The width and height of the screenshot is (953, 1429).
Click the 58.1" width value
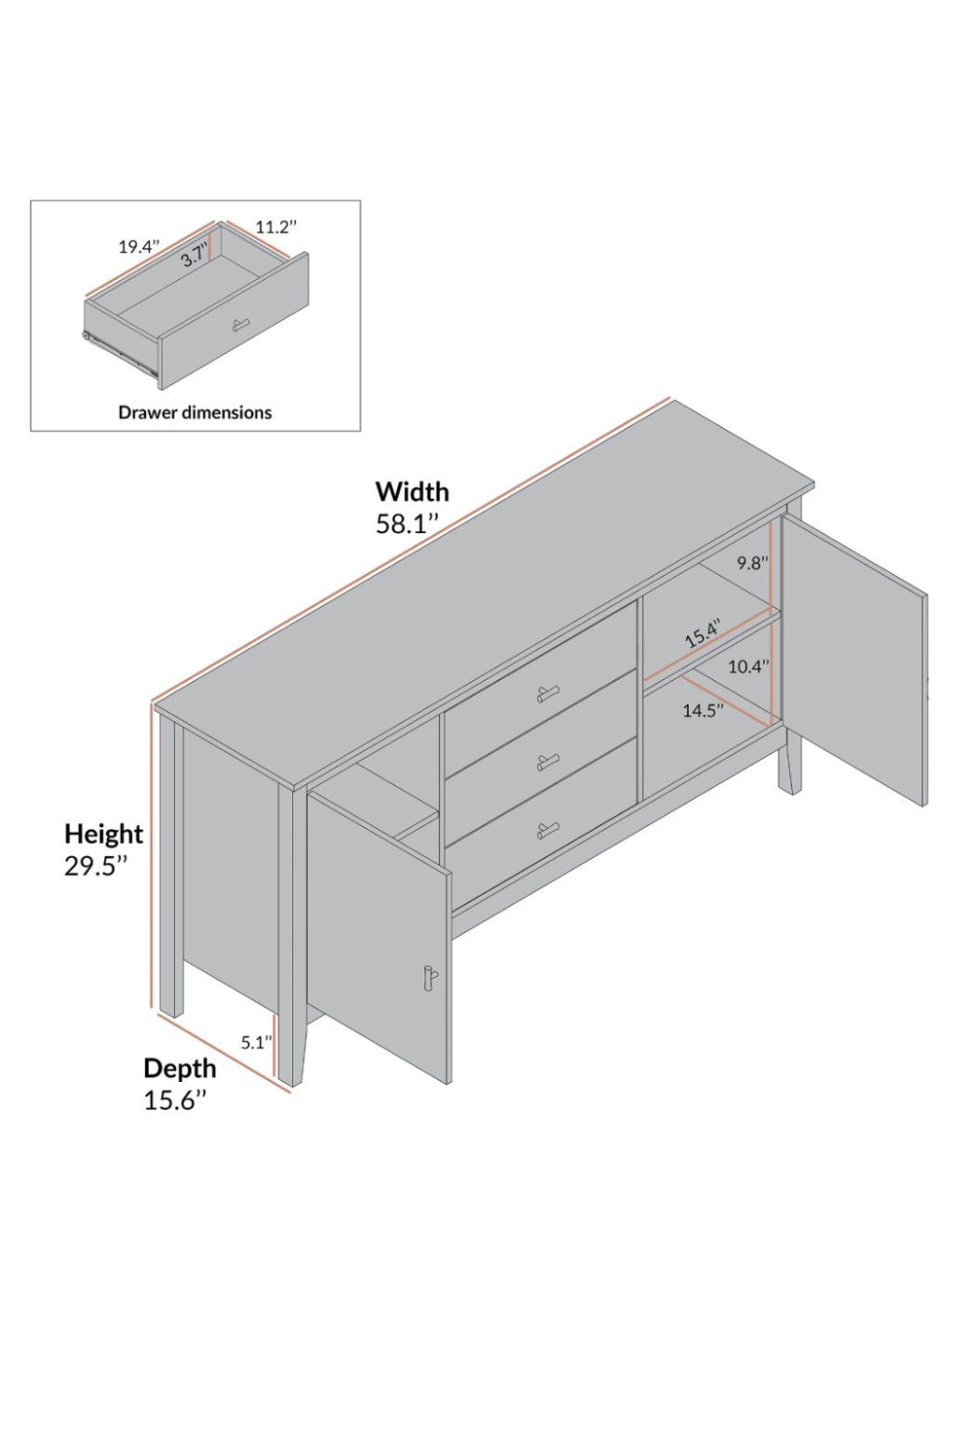click(407, 524)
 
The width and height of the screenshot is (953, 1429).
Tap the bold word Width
click(411, 492)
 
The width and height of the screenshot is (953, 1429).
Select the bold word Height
click(104, 834)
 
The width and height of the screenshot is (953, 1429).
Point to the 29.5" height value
click(96, 866)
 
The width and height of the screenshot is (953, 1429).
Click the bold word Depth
click(180, 1068)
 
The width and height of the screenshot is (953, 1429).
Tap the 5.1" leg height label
click(256, 1042)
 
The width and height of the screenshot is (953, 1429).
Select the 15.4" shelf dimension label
click(703, 633)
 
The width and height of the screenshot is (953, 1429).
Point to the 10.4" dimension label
click(749, 667)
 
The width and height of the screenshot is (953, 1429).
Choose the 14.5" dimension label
click(704, 710)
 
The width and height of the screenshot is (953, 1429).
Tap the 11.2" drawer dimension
click(276, 227)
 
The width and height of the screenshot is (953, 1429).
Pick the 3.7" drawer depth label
click(195, 256)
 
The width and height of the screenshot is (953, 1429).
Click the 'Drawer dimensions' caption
click(195, 412)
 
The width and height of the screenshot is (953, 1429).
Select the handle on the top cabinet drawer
click(547, 693)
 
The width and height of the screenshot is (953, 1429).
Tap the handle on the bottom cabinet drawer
click(547, 830)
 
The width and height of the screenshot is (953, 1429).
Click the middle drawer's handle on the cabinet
click(547, 761)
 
